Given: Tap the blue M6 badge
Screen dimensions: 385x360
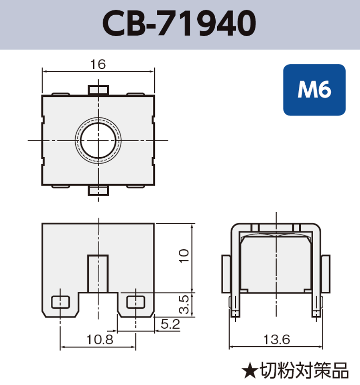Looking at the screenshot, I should [314, 90].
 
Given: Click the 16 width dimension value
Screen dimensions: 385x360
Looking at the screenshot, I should [98, 64].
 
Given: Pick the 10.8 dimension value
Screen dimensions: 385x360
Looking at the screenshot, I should [98, 340].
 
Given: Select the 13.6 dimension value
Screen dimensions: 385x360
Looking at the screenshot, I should [276, 340].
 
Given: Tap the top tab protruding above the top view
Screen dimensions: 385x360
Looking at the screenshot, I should [98, 89].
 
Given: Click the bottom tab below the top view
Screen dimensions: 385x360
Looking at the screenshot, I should [98, 191].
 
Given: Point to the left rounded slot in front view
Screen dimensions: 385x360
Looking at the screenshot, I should [60, 302].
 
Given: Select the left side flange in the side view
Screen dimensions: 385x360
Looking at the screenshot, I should [226, 274].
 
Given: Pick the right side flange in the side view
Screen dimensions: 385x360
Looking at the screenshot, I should [326, 274].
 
